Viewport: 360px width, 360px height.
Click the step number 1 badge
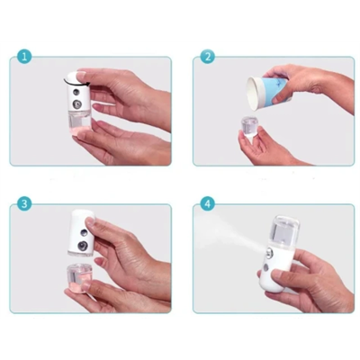[x=24, y=56]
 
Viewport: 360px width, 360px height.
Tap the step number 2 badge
[x=208, y=56]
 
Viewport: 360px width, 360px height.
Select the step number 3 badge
[x=24, y=203]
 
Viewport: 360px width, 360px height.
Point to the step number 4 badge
[x=208, y=203]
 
